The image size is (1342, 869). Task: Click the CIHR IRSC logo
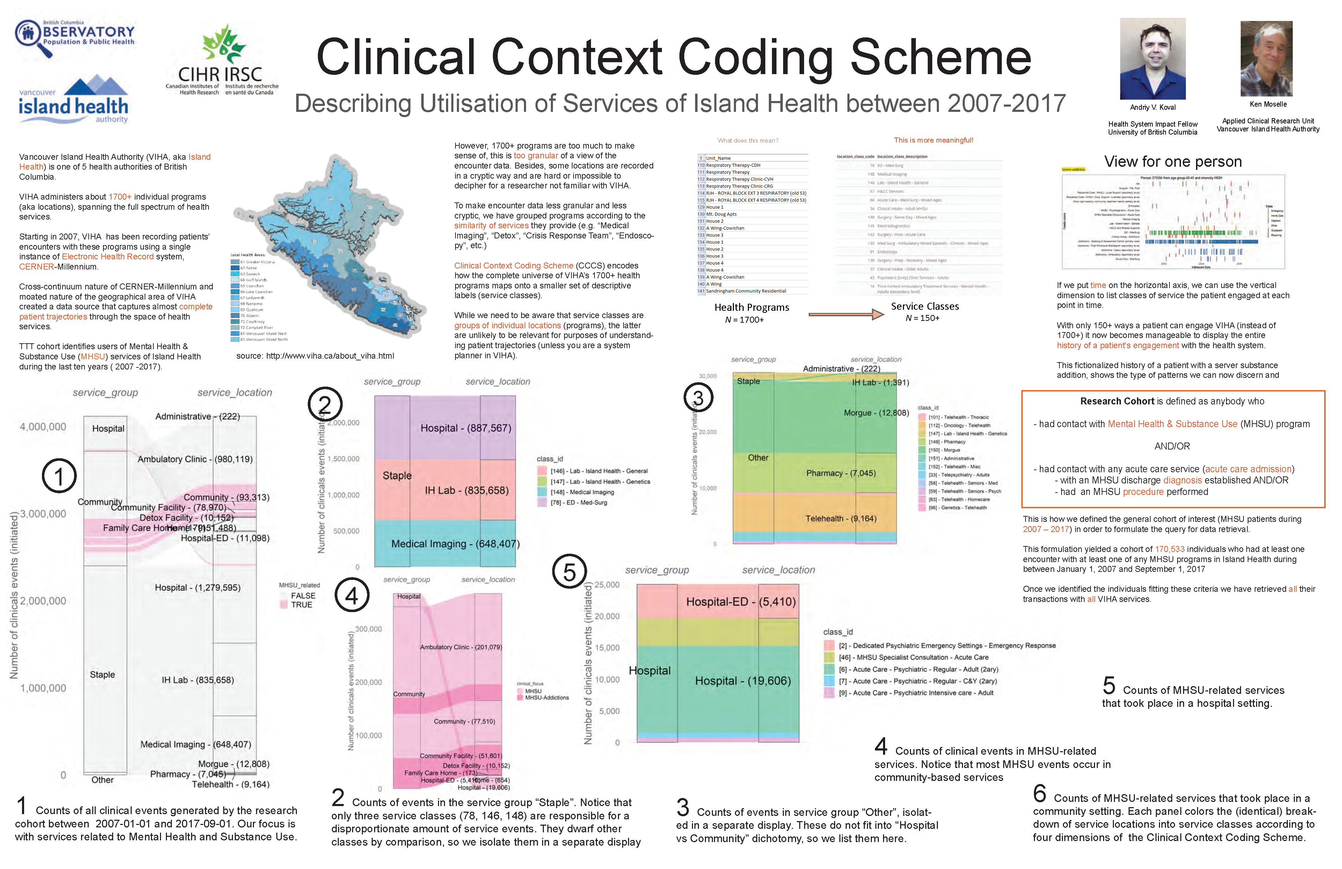[221, 60]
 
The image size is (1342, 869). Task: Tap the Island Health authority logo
[73, 99]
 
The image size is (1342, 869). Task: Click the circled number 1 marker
[59, 476]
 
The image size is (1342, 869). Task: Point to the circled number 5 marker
[569, 571]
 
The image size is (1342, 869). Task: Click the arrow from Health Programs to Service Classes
[846, 314]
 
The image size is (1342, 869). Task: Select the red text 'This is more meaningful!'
[933, 141]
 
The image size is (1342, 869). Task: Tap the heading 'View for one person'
[1173, 162]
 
